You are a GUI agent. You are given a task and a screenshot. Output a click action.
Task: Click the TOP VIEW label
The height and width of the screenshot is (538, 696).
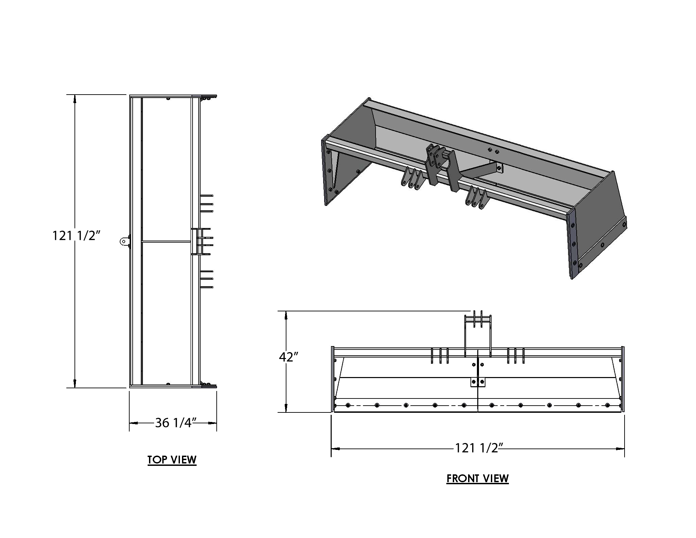(x=172, y=460)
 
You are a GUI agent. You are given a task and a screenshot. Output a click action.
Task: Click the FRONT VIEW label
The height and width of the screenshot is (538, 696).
(x=478, y=478)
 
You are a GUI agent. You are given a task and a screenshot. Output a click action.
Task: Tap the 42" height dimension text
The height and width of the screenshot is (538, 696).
(x=288, y=357)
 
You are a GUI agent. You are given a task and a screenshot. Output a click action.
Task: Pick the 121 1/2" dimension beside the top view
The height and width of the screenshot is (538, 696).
(x=76, y=235)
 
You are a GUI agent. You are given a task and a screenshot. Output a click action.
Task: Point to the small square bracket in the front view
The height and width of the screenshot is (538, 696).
(x=478, y=382)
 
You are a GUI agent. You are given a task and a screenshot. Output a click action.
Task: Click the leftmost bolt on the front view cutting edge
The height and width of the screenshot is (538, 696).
(x=348, y=405)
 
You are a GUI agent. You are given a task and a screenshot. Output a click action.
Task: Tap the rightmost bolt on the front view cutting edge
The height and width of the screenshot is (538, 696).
(x=608, y=405)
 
